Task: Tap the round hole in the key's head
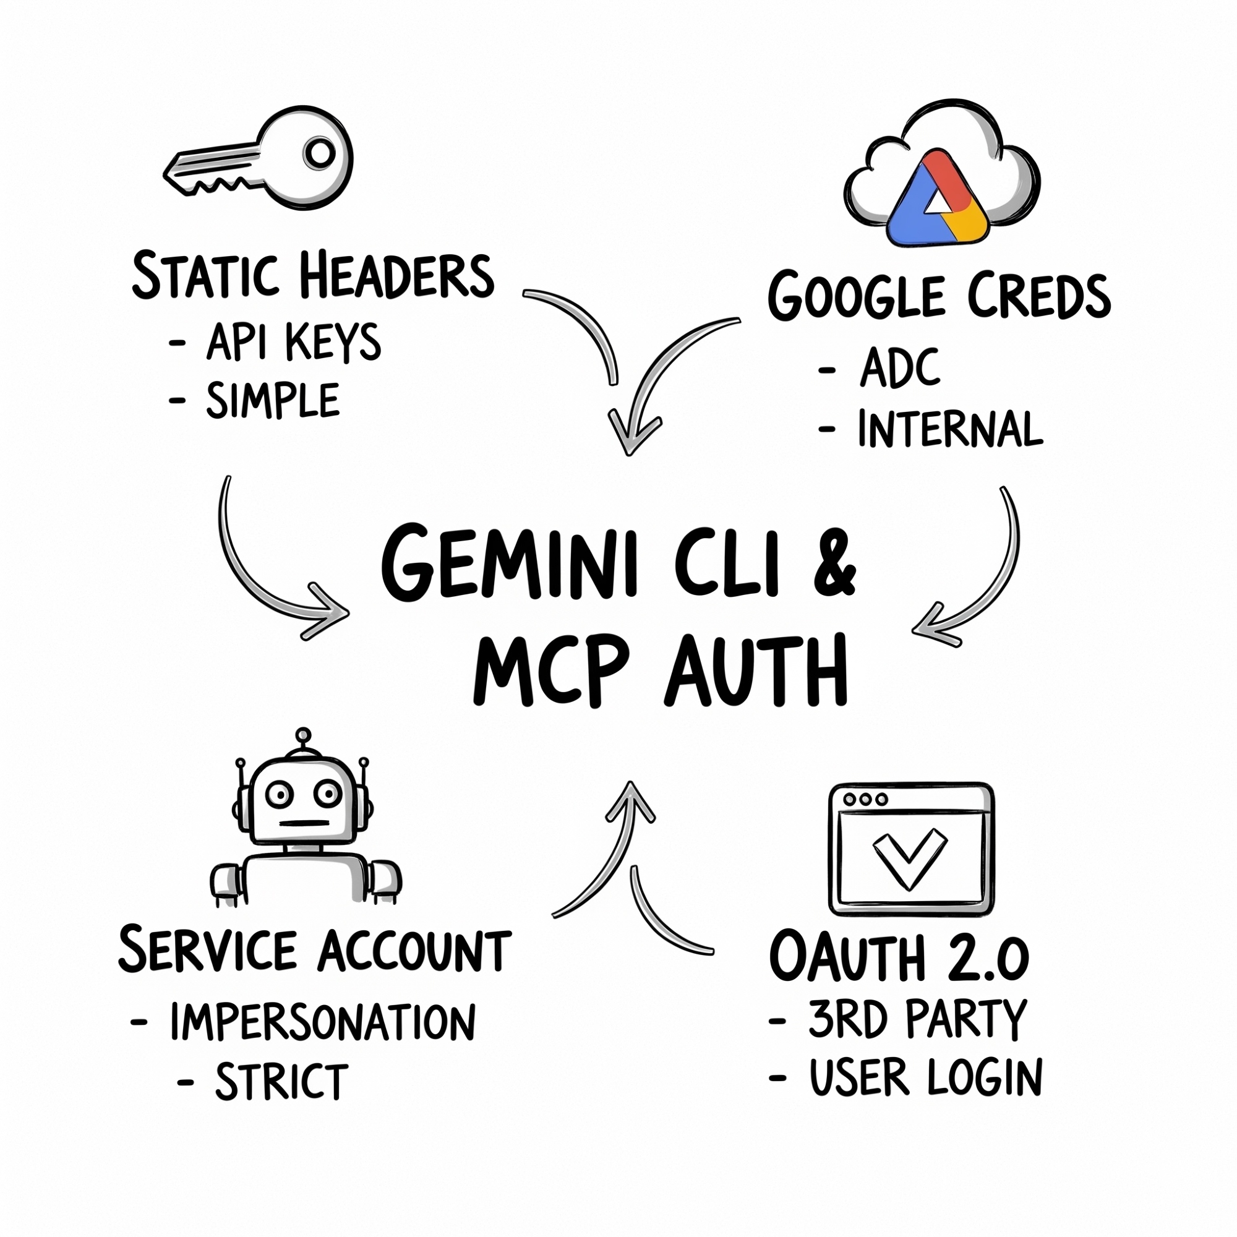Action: click(x=320, y=153)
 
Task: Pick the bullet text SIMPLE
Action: click(x=273, y=401)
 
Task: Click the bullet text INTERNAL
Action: click(x=950, y=429)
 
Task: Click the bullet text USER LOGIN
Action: click(x=926, y=1077)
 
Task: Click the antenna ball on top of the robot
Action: click(x=304, y=735)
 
